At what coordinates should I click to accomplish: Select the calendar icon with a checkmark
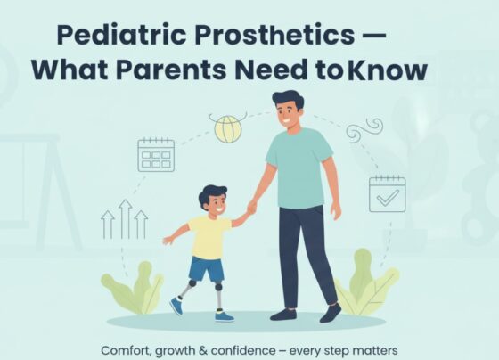387,192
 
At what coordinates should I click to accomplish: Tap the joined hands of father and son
251,209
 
